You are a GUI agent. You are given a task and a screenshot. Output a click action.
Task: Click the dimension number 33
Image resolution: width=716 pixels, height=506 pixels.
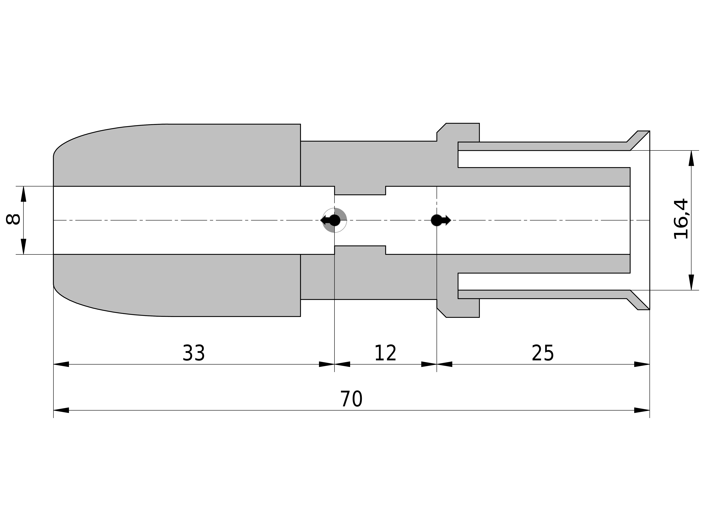(194, 353)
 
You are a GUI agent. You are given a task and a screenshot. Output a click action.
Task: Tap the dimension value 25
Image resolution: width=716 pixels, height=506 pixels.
(543, 353)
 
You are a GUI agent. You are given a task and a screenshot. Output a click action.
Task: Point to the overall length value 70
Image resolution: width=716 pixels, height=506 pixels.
(351, 399)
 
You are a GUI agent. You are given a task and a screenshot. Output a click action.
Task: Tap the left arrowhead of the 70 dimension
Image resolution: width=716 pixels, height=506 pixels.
(61, 410)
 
